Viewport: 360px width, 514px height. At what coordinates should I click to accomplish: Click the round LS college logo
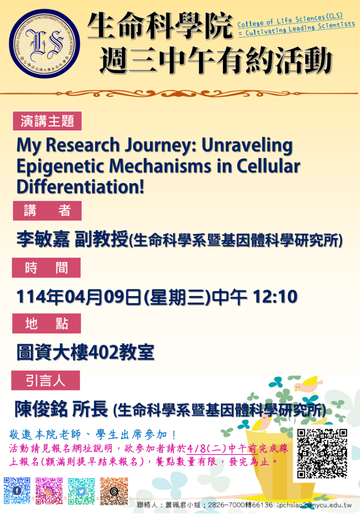coord(44,44)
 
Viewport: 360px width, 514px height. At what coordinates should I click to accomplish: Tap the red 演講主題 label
coord(47,121)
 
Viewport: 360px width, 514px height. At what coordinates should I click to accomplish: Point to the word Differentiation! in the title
coord(80,187)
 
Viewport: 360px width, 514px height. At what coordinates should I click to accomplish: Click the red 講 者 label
coord(47,210)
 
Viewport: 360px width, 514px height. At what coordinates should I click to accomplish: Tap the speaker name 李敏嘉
coord(43,239)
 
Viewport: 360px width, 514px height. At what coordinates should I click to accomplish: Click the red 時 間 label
coord(46,268)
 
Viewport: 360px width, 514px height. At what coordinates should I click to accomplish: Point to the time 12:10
coord(275,297)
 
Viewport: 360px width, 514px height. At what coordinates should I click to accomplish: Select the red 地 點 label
coord(47,324)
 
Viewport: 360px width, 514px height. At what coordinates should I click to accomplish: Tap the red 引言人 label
coord(46,380)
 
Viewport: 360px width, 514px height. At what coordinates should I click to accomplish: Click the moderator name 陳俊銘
coord(41,409)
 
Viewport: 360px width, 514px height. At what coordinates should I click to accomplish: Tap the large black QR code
coord(322,453)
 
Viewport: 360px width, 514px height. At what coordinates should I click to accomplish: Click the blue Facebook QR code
coord(17,491)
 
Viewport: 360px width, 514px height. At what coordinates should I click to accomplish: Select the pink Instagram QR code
coord(49,491)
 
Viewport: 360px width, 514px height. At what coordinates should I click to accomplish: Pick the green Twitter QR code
coord(81,491)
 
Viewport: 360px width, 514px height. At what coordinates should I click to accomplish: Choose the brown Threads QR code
coord(114,491)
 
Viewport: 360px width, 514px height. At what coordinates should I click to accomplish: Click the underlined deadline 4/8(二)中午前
coord(221,448)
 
